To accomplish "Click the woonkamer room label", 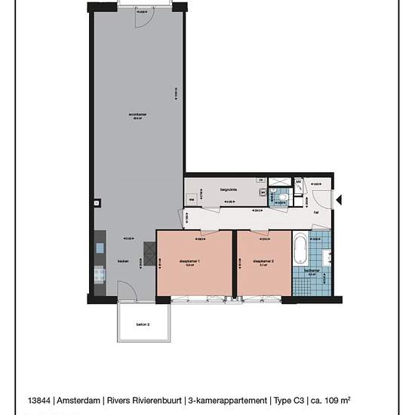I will pyautogui.click(x=137, y=115).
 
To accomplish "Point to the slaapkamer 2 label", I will pyautogui.click(x=263, y=262).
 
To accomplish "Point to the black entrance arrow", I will pyautogui.click(x=339, y=200).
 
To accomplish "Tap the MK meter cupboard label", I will pyautogui.click(x=298, y=182).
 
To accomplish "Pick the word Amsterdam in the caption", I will pyautogui.click(x=80, y=401).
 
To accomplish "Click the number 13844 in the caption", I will pyautogui.click(x=40, y=401).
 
